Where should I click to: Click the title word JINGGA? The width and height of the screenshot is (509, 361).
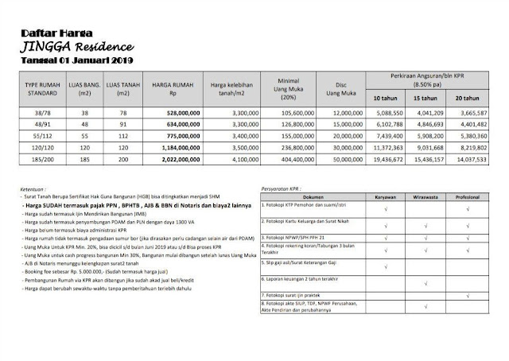[x=45, y=48]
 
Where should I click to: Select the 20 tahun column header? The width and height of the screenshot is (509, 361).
[x=468, y=98]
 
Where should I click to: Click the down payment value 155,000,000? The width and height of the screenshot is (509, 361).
[x=281, y=136]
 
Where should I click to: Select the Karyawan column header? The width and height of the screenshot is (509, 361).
[x=385, y=196]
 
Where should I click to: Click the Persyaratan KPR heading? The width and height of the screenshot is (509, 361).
[x=285, y=188]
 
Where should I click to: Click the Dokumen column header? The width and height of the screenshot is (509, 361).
[x=312, y=196]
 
